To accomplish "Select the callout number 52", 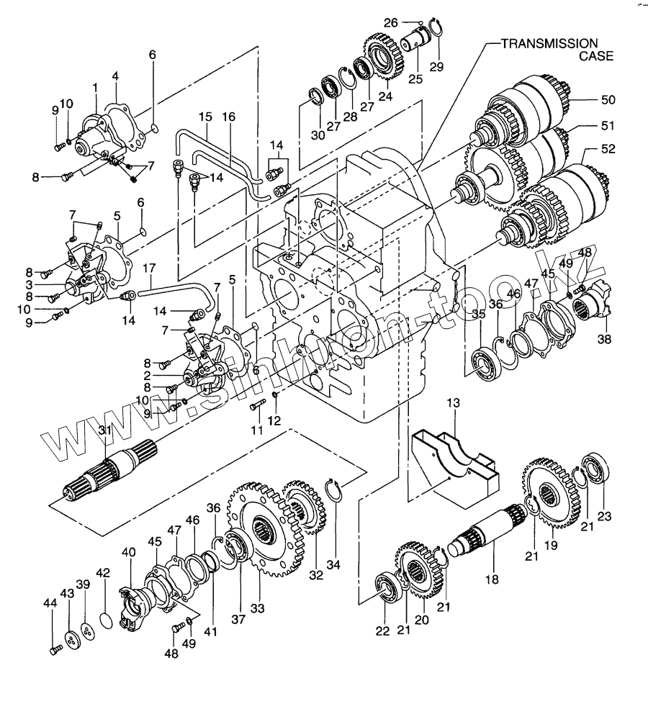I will click(x=608, y=150).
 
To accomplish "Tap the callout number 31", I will click(x=104, y=430).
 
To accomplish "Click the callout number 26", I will click(x=391, y=23).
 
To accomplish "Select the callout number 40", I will click(x=128, y=553).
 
